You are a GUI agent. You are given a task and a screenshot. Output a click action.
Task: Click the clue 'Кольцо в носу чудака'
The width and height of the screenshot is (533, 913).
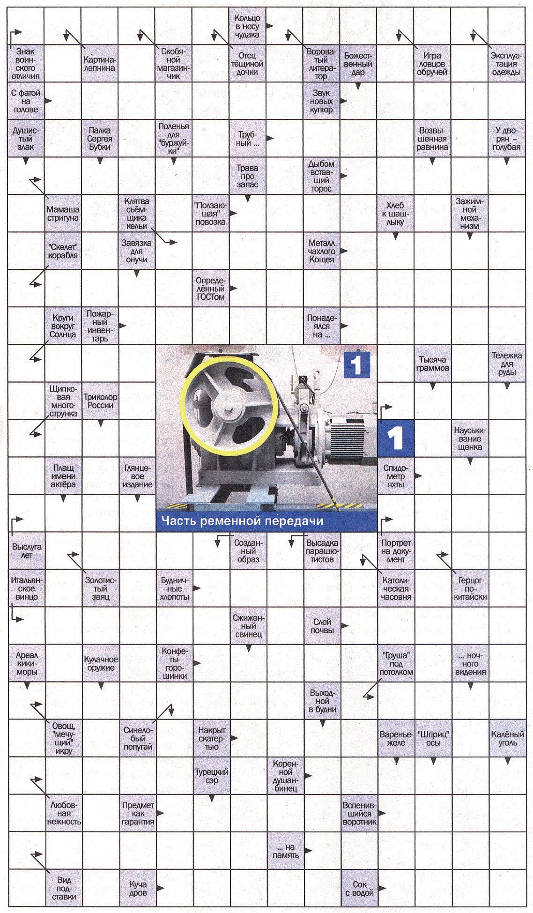247,27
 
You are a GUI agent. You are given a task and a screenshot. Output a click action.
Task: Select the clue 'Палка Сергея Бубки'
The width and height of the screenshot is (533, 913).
99,139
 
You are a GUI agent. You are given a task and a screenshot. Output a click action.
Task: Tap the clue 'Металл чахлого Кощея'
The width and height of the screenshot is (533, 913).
321,251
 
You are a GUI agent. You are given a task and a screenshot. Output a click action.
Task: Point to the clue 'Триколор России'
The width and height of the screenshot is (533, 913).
100,401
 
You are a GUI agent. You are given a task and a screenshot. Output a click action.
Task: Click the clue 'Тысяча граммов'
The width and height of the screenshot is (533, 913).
433,364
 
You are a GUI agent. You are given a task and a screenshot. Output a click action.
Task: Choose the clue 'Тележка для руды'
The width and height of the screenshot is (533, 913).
506,364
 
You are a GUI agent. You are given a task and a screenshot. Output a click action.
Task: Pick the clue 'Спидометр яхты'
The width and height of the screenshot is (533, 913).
396,476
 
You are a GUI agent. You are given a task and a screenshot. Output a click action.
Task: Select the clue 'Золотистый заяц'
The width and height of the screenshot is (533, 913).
100,588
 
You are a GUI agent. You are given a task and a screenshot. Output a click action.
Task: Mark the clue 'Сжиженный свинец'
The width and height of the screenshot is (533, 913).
248,626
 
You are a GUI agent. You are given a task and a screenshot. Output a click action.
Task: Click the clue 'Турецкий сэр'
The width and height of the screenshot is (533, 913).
211,776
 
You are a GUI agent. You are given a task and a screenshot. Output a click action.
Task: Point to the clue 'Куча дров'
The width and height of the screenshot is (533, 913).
138,888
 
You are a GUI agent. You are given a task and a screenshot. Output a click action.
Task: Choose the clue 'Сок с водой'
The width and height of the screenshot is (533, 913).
359,888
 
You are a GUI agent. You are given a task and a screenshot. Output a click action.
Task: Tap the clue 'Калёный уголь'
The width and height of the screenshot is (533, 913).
507,738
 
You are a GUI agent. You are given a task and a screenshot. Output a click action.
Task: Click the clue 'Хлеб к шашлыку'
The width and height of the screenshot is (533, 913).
395,214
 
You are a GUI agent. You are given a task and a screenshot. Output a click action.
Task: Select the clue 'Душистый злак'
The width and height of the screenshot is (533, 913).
26,139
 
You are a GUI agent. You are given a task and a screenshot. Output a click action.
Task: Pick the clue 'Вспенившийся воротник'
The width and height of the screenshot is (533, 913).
359,813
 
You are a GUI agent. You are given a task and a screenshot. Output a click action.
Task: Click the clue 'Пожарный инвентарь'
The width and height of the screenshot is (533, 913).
100,326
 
